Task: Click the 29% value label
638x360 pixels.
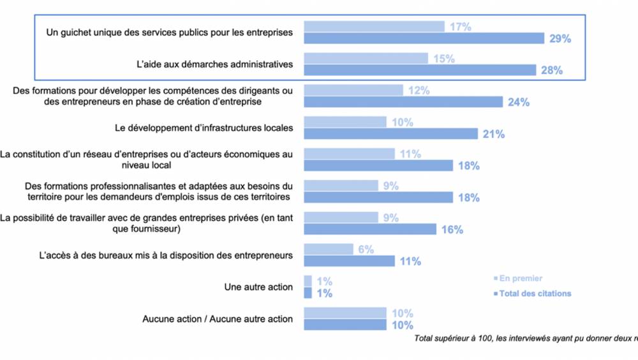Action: (560, 38)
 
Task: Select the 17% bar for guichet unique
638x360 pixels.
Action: (374, 26)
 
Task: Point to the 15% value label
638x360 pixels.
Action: (443, 59)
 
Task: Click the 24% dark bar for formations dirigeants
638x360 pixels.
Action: (403, 102)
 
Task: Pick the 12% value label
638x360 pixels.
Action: (419, 91)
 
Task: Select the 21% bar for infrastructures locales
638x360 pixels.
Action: (390, 133)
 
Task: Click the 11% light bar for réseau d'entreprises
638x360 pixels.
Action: (349, 154)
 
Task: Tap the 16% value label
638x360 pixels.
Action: (452, 230)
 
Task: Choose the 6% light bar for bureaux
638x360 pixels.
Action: (329, 249)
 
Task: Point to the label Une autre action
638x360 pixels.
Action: (258, 287)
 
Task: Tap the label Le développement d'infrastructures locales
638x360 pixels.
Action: (204, 128)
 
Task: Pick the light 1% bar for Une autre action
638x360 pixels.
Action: (308, 281)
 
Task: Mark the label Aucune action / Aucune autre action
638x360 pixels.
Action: (218, 319)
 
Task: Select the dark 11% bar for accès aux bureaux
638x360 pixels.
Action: (349, 261)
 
